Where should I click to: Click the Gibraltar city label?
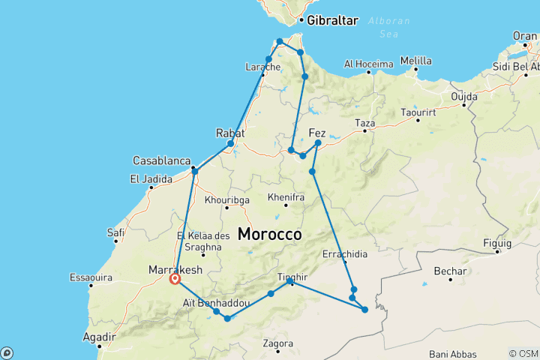(332, 20)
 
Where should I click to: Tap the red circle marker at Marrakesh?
(175, 279)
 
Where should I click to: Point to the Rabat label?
(230, 133)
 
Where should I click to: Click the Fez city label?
(317, 133)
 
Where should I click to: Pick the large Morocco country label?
(270, 234)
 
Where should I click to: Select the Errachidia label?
(345, 254)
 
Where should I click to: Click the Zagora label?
(277, 343)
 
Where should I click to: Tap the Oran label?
(524, 35)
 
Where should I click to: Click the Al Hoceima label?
(369, 64)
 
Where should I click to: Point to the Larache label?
(262, 67)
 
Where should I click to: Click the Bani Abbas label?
(451, 353)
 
